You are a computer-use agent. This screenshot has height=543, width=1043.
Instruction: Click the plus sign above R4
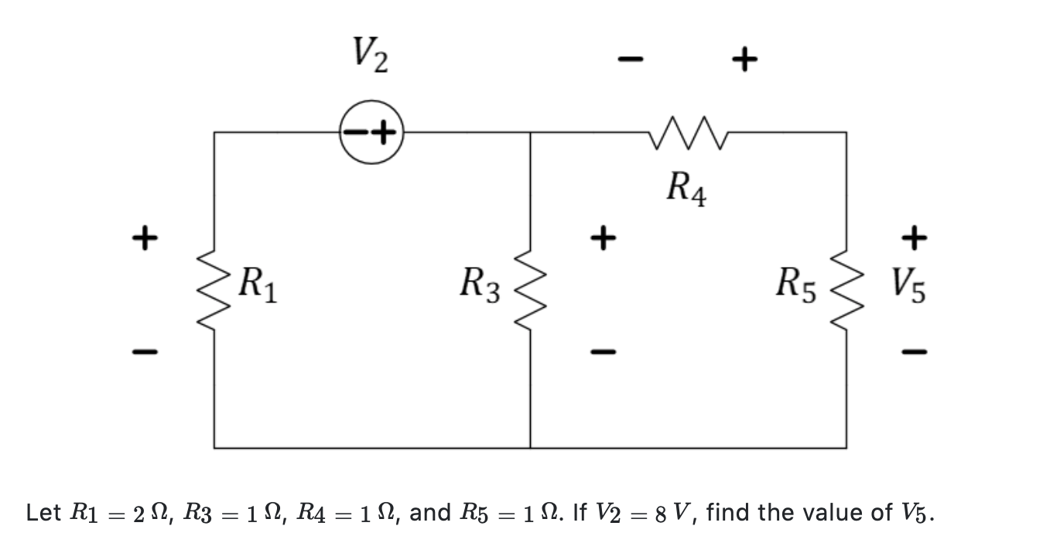click(744, 59)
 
